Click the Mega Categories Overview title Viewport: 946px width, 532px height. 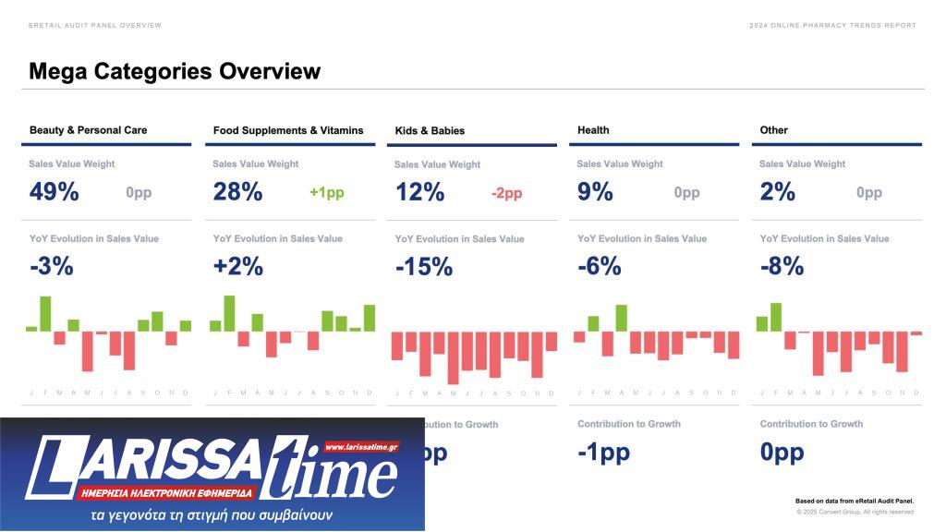pos(175,71)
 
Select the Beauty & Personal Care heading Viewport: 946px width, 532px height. pos(88,130)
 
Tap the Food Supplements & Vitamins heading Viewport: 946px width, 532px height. pos(288,130)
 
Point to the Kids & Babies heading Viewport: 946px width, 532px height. pos(430,131)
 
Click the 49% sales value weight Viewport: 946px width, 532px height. pos(55,192)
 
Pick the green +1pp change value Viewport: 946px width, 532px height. pos(327,193)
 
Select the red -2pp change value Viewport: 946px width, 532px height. pos(506,193)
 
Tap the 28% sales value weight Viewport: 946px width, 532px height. pos(237,192)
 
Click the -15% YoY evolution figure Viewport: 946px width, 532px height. pos(424,268)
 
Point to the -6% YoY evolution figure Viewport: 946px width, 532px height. pos(599,267)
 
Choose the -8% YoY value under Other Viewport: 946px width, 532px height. pos(782,267)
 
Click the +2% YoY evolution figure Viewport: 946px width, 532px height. pos(237,267)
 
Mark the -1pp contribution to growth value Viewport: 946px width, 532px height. pos(603,453)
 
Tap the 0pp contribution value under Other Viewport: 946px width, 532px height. pos(782,453)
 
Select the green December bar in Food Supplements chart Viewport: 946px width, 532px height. pos(370,318)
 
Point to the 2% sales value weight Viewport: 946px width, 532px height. pos(778,192)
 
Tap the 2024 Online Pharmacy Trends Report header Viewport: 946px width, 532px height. pos(832,25)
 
